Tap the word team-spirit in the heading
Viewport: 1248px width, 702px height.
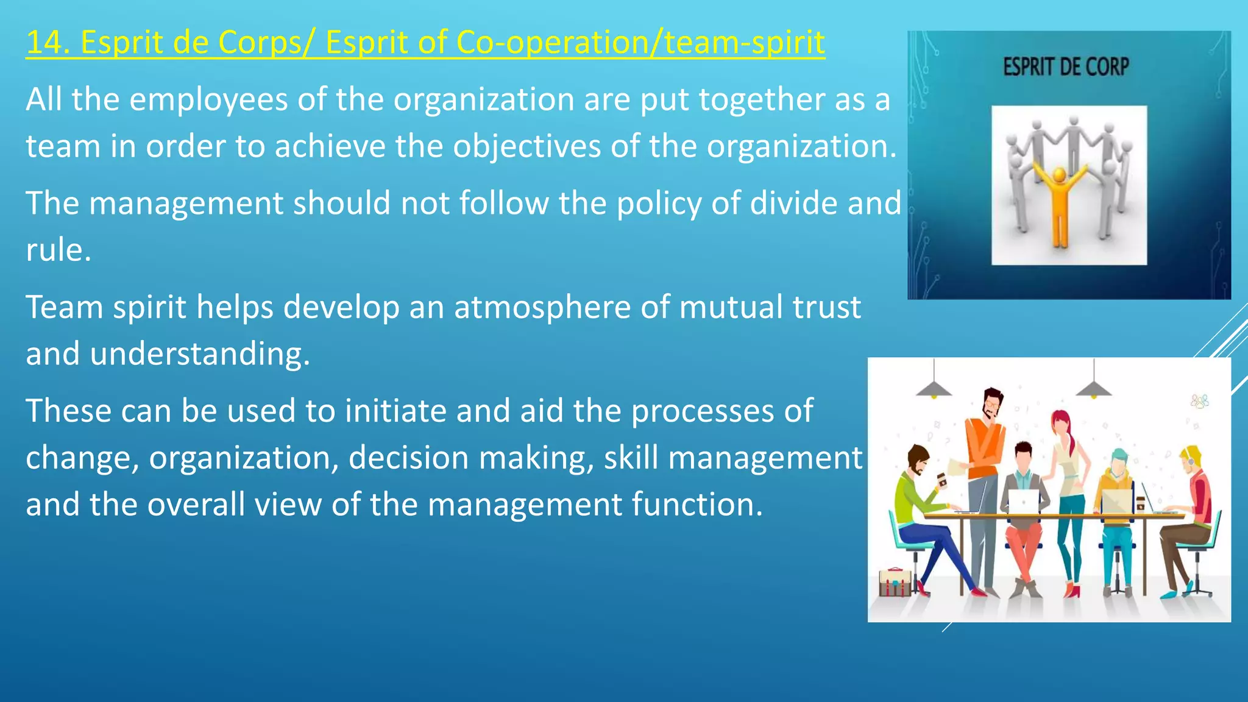(x=744, y=43)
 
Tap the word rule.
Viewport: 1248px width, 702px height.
(x=58, y=250)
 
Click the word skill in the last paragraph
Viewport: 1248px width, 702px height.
(x=631, y=457)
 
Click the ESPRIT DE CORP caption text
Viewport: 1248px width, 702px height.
(x=1066, y=66)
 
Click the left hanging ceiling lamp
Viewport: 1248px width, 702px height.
(x=934, y=388)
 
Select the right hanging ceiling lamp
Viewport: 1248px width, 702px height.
(x=1094, y=388)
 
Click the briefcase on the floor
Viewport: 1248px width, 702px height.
(x=895, y=582)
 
